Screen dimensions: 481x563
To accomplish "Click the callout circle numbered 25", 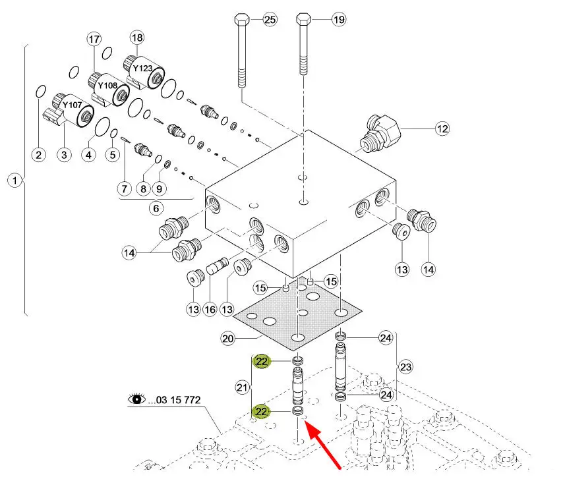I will coord(270,20).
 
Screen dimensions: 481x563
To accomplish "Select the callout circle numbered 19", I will coord(338,20).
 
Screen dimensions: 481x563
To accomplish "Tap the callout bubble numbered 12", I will coord(441,129).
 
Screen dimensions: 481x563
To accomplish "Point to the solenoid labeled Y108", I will coord(107,89).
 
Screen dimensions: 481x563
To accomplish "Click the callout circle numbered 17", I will coord(93,40).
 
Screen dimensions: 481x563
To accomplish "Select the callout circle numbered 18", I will coord(136,38).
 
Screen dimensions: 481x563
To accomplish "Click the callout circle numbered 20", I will coord(228,339).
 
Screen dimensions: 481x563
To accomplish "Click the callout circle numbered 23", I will coord(405,366).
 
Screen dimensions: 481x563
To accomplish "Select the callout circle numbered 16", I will coord(210,309).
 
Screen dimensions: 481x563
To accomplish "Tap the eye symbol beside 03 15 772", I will coord(137,399).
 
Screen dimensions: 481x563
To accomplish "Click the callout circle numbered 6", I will coord(156,208).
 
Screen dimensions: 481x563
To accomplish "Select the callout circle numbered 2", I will coord(39,155).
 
